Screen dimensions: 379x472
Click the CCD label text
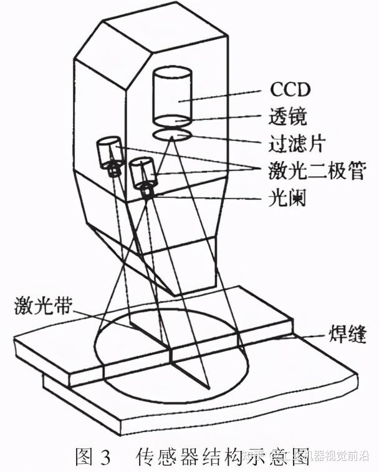[x=289, y=89]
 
